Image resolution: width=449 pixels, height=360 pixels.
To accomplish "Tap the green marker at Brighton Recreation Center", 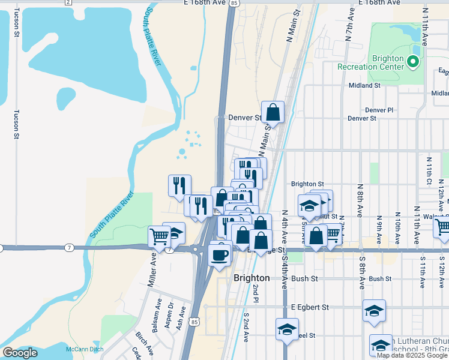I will point(412,61).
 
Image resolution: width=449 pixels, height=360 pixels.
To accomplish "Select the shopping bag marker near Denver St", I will point(273,112).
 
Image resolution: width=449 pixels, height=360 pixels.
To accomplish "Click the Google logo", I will point(20,353).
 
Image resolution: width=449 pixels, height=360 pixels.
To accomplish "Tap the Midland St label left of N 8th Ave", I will point(365,86).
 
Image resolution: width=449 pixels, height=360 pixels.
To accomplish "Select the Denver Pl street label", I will point(379,110).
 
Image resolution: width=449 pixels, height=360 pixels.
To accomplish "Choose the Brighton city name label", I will point(252,278).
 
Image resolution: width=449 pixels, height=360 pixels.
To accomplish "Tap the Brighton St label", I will point(307,184).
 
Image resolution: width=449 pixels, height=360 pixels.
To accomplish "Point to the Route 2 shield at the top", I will point(68,2).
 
